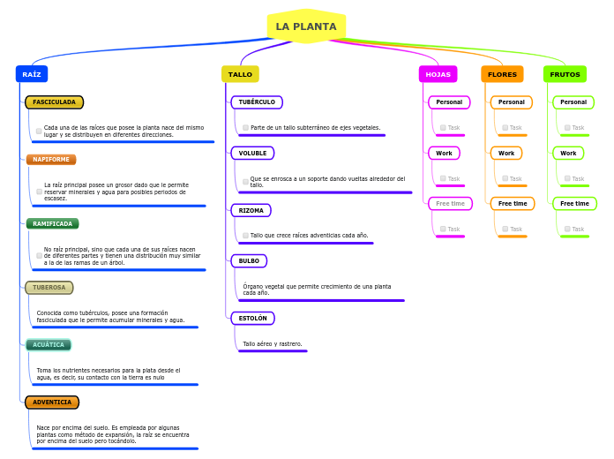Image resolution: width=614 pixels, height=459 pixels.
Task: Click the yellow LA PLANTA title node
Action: pyautogui.click(x=306, y=26)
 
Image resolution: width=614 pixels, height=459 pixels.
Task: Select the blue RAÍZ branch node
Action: pyautogui.click(x=32, y=74)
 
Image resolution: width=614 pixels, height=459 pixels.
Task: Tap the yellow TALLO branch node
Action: pyautogui.click(x=240, y=74)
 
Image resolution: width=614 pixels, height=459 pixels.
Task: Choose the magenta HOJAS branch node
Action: pyautogui.click(x=438, y=74)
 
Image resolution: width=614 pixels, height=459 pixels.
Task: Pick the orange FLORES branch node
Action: pyautogui.click(x=502, y=74)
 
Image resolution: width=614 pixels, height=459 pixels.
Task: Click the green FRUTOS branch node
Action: pyautogui.click(x=565, y=74)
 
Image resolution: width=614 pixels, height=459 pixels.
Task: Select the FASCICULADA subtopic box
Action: pyautogui.click(x=55, y=102)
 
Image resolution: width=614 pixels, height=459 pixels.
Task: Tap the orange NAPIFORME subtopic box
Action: pyautogui.click(x=51, y=160)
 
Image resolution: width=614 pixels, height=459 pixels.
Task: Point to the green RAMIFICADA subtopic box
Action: pyautogui.click(x=53, y=223)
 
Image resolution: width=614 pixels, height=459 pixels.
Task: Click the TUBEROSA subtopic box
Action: pyautogui.click(x=49, y=288)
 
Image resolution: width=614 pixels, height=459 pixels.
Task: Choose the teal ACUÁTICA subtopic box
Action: pyautogui.click(x=49, y=345)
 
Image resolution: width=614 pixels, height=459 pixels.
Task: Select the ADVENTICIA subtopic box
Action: pyautogui.click(x=52, y=403)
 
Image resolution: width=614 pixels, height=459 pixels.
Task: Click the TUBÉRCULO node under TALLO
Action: pyautogui.click(x=257, y=102)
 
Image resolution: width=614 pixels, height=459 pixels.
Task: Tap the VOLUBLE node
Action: pyautogui.click(x=252, y=154)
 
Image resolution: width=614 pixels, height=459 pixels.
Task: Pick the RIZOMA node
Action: pyautogui.click(x=251, y=210)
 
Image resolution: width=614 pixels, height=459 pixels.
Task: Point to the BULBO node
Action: pyautogui.click(x=249, y=261)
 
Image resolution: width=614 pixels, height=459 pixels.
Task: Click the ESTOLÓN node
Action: pyautogui.click(x=253, y=318)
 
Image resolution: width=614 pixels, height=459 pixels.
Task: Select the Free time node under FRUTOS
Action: pyautogui.click(x=575, y=204)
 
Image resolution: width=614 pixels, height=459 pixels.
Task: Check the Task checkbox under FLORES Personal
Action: pyautogui.click(x=505, y=128)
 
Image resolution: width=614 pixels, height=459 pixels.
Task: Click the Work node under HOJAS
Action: pyautogui.click(x=444, y=154)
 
